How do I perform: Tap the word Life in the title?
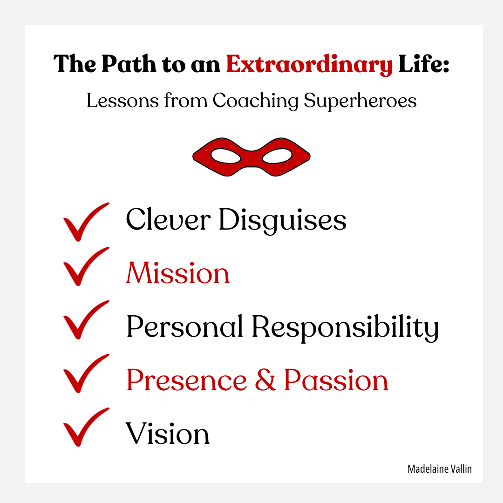tap(420, 63)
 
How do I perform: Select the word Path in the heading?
tap(129, 63)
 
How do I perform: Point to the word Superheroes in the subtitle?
tap(360, 101)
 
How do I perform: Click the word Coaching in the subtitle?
tap(255, 101)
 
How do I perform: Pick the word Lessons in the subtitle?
tap(122, 101)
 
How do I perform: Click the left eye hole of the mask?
tap(226, 156)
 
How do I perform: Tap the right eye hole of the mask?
tap(277, 156)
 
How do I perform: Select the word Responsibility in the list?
tap(345, 328)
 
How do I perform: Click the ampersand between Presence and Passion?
tap(265, 380)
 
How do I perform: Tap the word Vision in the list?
tap(168, 434)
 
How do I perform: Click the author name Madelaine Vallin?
tap(440, 469)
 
